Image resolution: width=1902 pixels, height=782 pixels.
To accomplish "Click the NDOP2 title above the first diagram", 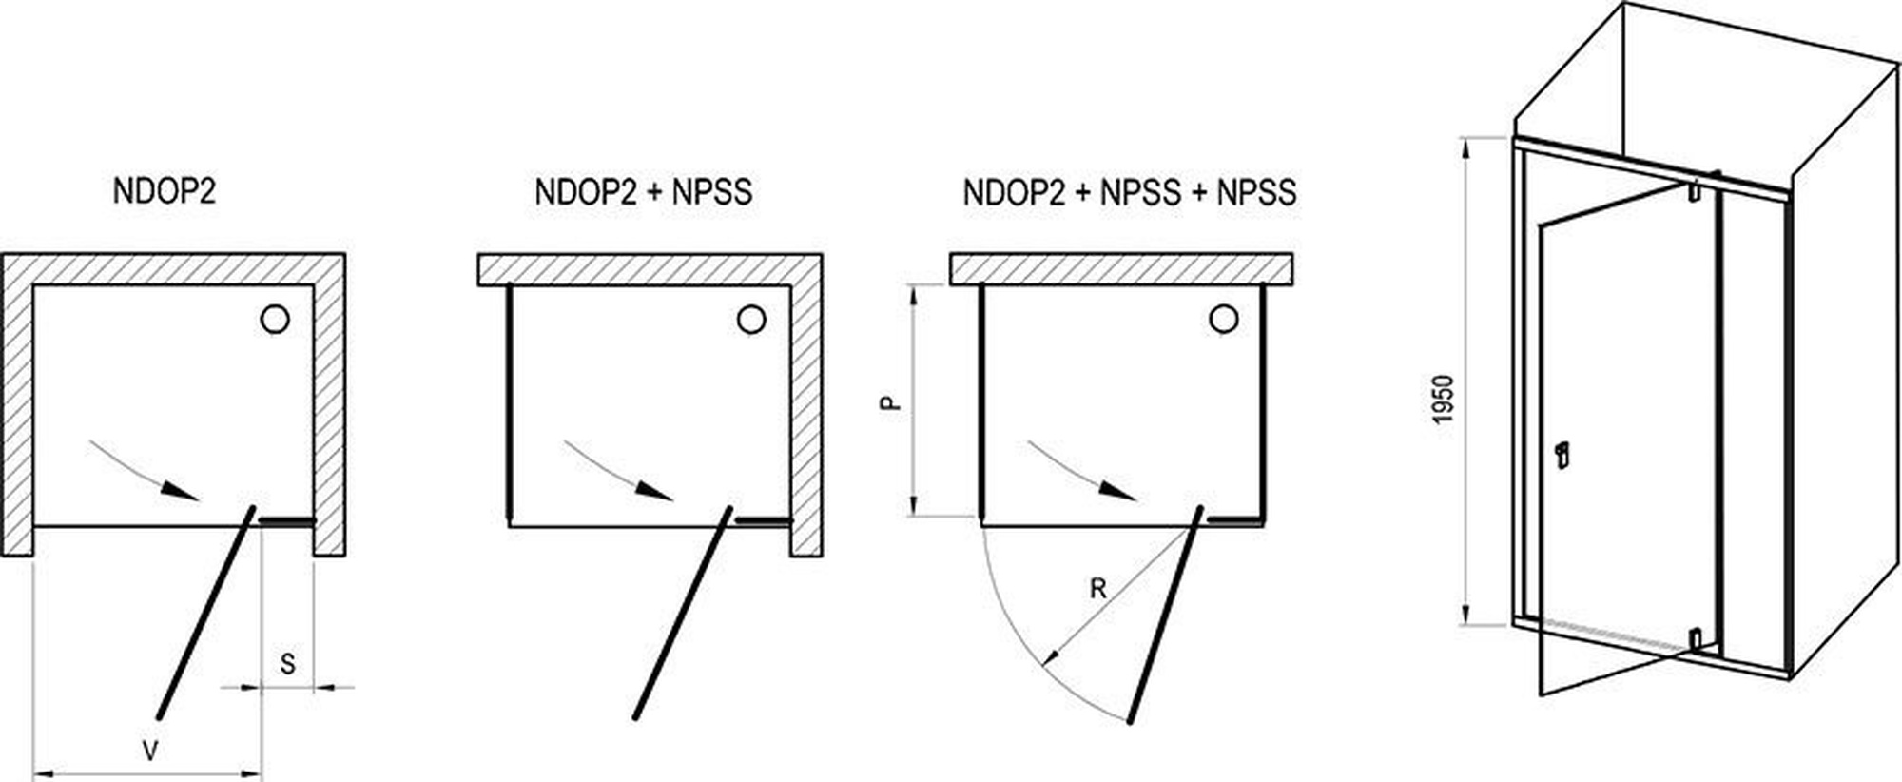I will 165,191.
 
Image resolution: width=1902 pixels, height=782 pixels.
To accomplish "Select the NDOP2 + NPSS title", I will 643,191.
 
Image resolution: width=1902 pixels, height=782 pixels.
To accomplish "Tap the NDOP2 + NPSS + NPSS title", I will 1129,191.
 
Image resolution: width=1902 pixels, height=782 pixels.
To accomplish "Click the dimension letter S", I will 287,663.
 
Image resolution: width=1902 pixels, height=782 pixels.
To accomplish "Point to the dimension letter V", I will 149,752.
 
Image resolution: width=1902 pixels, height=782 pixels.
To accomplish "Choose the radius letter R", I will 1097,589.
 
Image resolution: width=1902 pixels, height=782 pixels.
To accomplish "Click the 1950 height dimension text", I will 1444,400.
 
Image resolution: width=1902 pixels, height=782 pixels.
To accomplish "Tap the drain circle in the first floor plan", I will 275,320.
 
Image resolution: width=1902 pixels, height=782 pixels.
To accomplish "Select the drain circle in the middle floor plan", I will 751,320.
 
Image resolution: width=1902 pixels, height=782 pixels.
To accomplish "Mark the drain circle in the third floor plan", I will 1224,320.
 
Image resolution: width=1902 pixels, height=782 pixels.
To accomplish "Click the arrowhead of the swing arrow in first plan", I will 182,492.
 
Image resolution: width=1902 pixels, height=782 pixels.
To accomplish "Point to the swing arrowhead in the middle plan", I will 656,492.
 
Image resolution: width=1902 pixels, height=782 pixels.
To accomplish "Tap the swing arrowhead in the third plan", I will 1118,492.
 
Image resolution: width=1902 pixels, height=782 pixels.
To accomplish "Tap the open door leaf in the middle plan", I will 682,614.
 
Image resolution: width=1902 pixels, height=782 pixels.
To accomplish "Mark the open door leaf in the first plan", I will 206,614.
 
